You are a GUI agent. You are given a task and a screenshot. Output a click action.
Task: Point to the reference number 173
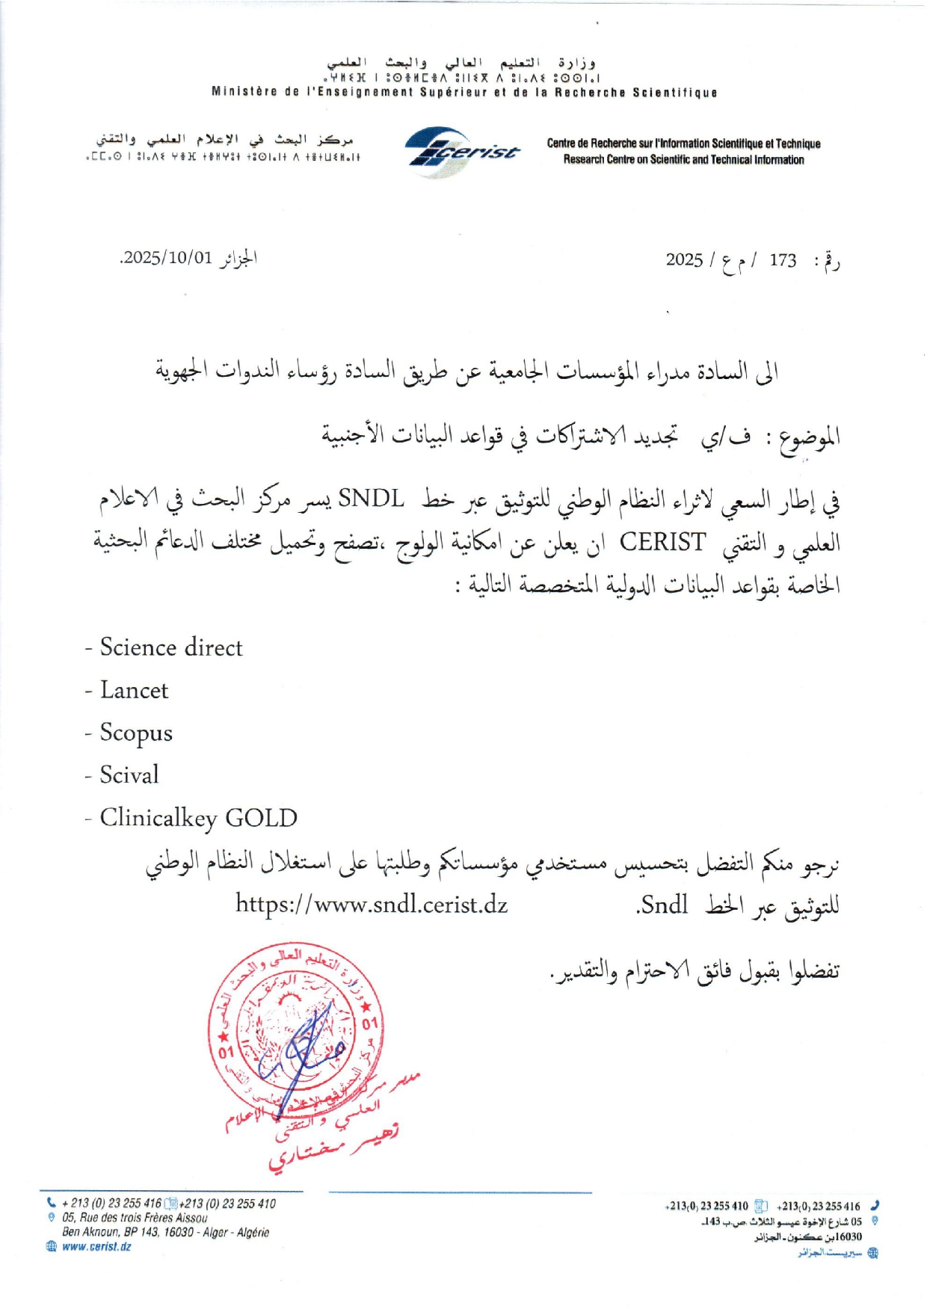[783, 260]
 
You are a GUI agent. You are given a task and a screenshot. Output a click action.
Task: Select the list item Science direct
[171, 647]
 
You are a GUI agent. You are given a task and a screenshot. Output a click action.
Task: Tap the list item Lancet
[135, 690]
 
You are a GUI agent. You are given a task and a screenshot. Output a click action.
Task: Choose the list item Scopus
[136, 733]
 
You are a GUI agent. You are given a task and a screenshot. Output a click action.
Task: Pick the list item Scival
[129, 775]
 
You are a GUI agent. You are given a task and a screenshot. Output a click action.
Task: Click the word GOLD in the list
[261, 818]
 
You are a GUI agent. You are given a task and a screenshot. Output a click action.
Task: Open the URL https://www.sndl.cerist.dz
[372, 905]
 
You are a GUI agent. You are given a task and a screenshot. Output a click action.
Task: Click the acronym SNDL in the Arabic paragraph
[371, 498]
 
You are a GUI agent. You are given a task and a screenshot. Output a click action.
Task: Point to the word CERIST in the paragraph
[662, 541]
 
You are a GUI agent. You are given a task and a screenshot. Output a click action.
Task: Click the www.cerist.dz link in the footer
[96, 1246]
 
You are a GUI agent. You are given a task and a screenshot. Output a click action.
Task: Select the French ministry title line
[464, 93]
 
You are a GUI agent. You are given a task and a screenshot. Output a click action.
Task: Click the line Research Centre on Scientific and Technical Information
[683, 160]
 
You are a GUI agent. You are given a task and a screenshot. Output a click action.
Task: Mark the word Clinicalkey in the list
[158, 818]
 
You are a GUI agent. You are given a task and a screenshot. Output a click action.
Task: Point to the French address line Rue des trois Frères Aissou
[135, 1218]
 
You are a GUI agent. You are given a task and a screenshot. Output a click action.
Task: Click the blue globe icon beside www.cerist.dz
[52, 1246]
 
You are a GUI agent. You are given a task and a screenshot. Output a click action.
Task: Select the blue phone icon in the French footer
[51, 1203]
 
